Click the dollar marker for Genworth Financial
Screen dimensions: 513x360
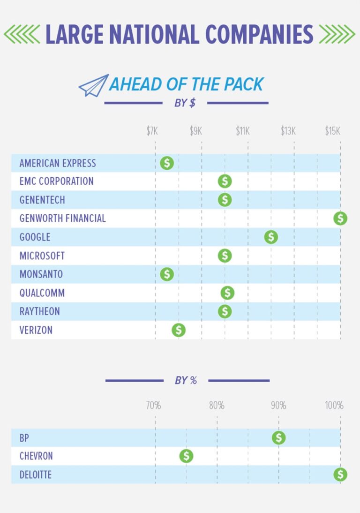[x=340, y=218]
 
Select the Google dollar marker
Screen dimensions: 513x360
[x=271, y=237]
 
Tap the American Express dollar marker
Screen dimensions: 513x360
[x=167, y=163]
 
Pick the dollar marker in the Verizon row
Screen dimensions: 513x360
[x=179, y=330]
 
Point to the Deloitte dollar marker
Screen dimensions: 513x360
[x=340, y=475]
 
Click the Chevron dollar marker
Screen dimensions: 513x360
[x=186, y=456]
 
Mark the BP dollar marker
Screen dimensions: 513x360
[x=279, y=438]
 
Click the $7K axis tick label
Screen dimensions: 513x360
[x=152, y=131]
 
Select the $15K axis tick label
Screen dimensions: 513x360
[x=333, y=131]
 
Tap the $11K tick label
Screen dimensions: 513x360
[x=243, y=131]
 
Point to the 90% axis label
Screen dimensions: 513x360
[x=278, y=405]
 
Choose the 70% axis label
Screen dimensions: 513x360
[x=153, y=405]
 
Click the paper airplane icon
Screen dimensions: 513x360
[x=93, y=85]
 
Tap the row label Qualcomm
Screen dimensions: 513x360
[x=42, y=293]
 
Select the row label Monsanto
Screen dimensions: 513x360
[x=41, y=274]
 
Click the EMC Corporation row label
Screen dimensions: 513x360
[x=57, y=181]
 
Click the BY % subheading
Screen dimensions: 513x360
[x=186, y=380]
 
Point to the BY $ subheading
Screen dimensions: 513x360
[x=185, y=103]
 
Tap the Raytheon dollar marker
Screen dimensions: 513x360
[x=225, y=311]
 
